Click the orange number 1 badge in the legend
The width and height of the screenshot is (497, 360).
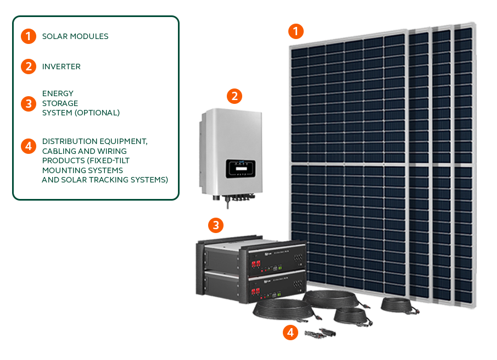[29, 36]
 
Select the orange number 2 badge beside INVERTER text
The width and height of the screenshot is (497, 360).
[29, 67]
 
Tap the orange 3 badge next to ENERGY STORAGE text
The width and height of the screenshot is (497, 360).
[29, 103]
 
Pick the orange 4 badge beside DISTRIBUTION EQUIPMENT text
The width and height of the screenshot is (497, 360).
[29, 146]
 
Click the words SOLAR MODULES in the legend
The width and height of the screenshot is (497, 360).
[75, 36]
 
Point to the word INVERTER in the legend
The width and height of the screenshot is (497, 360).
[62, 67]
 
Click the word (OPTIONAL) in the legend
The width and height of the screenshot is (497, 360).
[99, 113]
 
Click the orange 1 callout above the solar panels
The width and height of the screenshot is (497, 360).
[296, 31]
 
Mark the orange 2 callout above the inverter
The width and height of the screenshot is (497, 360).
[234, 96]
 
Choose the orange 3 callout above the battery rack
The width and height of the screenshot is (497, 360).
[216, 224]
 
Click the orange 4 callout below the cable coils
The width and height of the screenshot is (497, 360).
[291, 331]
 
